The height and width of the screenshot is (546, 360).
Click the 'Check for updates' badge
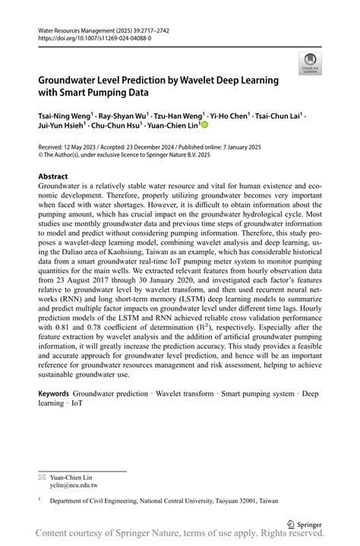pyautogui.click(x=310, y=64)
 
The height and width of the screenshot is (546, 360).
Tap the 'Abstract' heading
pyautogui.click(x=53, y=175)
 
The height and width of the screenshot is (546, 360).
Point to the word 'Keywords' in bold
pyautogui.click(x=54, y=394)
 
